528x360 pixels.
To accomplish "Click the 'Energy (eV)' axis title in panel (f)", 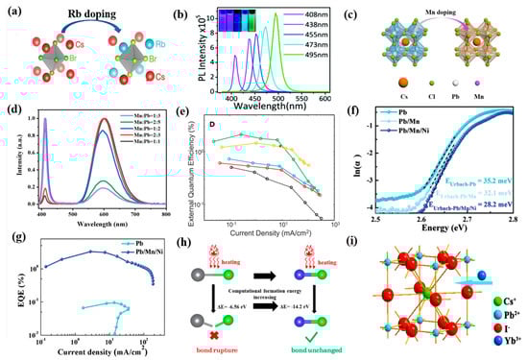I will (442, 229).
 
